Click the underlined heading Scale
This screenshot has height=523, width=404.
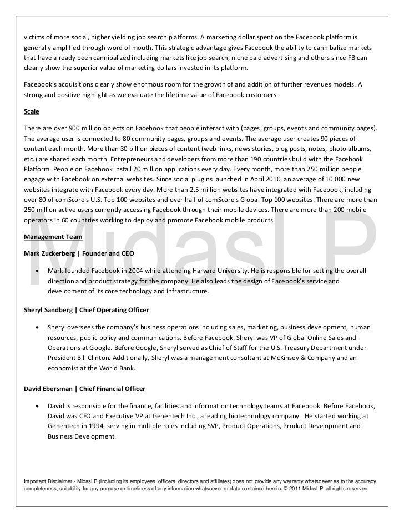(31, 111)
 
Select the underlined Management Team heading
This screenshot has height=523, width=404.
(53, 237)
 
